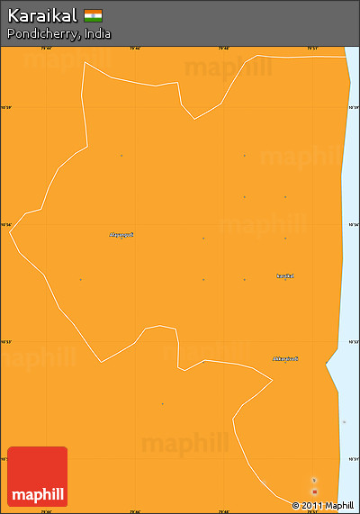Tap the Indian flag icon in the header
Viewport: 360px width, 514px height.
point(94,15)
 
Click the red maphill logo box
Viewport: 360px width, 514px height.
point(37,476)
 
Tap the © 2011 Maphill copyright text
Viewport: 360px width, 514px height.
point(323,505)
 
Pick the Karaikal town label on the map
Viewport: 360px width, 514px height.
point(284,275)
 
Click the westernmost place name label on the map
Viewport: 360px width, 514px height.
point(121,235)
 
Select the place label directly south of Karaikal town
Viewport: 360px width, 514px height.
point(285,359)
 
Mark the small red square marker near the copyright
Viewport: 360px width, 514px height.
point(314,491)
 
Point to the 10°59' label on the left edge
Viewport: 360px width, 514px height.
point(6,108)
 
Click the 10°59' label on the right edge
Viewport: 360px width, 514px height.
point(353,108)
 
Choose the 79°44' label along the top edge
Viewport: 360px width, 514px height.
point(47,49)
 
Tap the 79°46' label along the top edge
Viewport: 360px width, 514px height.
point(135,49)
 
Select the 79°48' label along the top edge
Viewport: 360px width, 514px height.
point(223,49)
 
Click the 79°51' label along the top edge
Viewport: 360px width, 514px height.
point(311,49)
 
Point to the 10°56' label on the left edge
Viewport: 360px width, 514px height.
point(6,225)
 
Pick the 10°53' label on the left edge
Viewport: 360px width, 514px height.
point(6,342)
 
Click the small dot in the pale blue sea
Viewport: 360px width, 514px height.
point(344,422)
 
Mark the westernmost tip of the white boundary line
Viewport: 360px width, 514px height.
point(10,232)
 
